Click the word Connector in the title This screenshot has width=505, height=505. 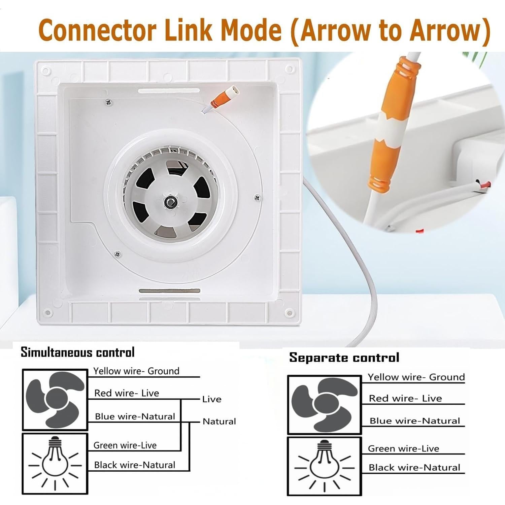[x=98, y=30]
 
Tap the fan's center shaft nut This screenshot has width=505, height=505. [x=169, y=202]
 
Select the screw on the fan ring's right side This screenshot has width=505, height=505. [x=257, y=198]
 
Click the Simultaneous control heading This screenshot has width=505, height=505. [x=77, y=352]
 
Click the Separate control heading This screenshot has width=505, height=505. [x=344, y=358]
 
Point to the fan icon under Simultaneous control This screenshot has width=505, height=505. [x=55, y=400]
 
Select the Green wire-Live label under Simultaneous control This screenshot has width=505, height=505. [x=125, y=445]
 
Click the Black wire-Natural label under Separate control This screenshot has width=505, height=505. [x=414, y=467]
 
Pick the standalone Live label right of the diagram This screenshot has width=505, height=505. [x=212, y=399]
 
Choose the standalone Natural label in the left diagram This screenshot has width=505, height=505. [x=219, y=422]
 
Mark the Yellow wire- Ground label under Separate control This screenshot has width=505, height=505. [x=416, y=377]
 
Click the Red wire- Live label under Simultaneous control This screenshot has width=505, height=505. [x=127, y=393]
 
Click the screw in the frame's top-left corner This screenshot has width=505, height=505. [x=46, y=71]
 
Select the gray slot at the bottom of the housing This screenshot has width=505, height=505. [x=169, y=291]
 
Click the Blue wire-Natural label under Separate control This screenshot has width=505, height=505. [x=414, y=421]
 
